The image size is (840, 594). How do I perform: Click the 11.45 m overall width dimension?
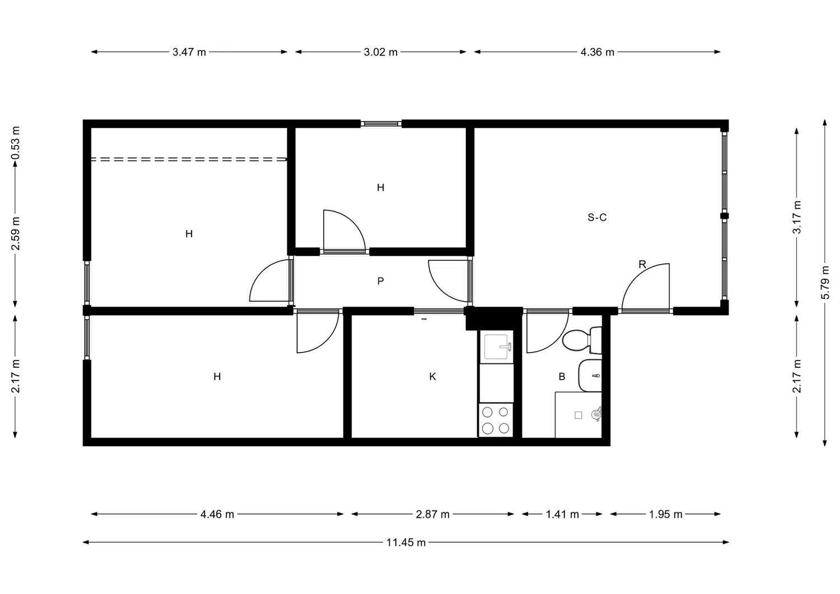pyautogui.click(x=406, y=542)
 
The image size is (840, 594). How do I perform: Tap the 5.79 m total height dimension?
pyautogui.click(x=825, y=282)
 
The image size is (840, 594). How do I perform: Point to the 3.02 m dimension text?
pyautogui.click(x=381, y=52)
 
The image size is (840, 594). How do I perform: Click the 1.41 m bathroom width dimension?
pyautogui.click(x=562, y=514)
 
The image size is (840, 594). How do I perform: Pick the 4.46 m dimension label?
pyautogui.click(x=217, y=514)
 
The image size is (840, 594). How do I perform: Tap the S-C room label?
pyautogui.click(x=597, y=217)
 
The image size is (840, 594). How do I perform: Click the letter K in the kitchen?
pyautogui.click(x=432, y=377)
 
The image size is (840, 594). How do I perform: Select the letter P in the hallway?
pyautogui.click(x=381, y=281)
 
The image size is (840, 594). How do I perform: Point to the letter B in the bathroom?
pyautogui.click(x=562, y=377)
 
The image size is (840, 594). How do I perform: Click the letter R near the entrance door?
pyautogui.click(x=642, y=264)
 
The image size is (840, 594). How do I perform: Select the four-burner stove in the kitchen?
pyautogui.click(x=496, y=420)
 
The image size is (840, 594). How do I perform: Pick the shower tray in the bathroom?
pyautogui.click(x=578, y=415)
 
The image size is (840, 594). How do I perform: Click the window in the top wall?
pyautogui.click(x=381, y=124)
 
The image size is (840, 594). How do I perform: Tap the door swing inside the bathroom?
pyautogui.click(x=543, y=335)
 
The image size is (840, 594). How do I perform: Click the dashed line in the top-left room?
pyautogui.click(x=189, y=160)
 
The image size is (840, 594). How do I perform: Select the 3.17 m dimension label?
pyautogui.click(x=797, y=217)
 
